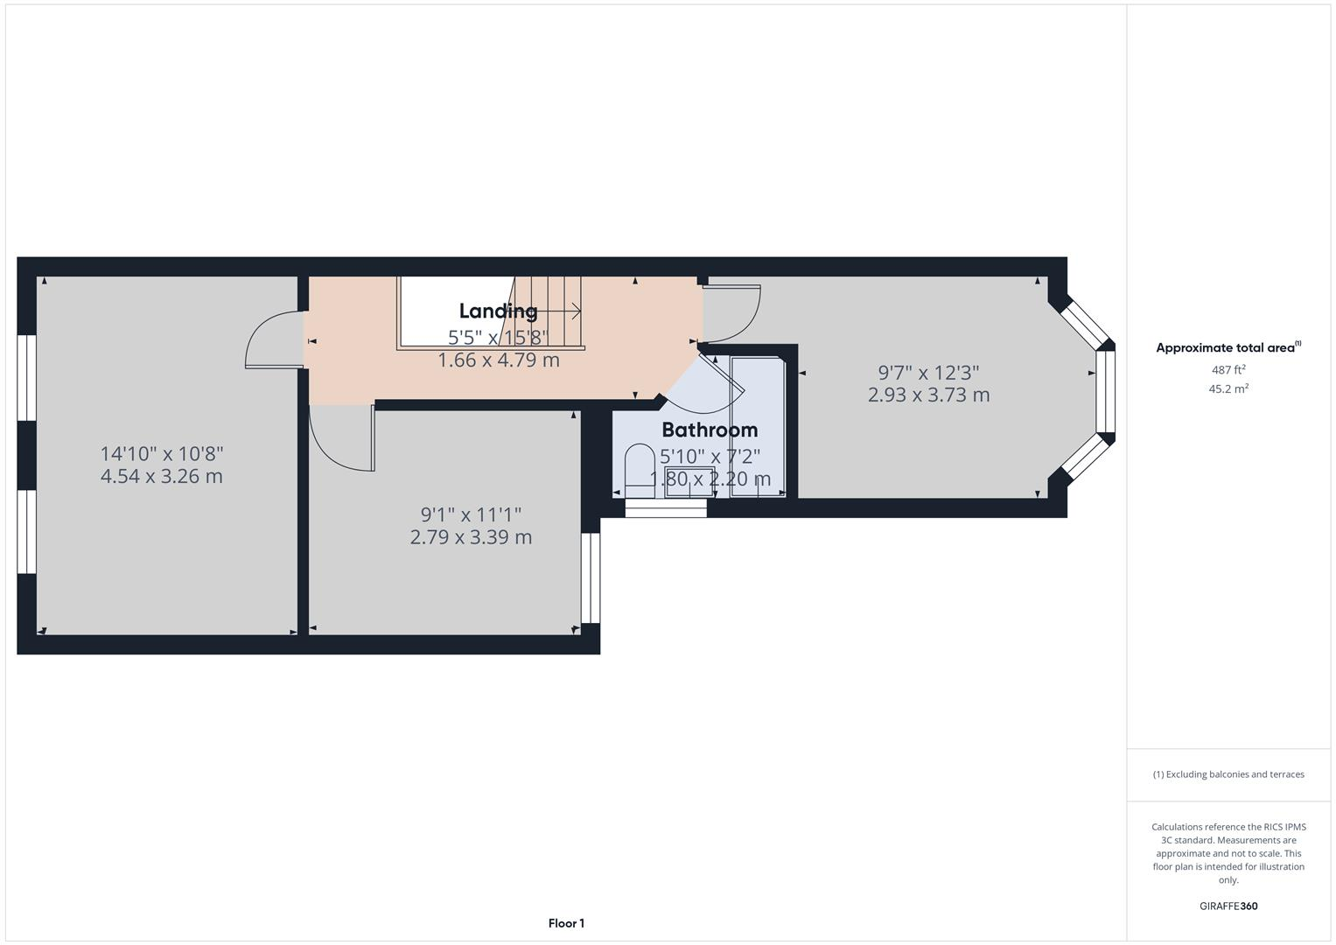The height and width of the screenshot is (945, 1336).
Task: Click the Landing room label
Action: click(498, 311)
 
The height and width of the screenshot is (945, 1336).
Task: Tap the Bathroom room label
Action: click(710, 430)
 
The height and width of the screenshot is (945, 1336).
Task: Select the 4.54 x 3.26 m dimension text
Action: click(161, 477)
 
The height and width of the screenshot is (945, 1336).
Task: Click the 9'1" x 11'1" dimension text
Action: click(471, 514)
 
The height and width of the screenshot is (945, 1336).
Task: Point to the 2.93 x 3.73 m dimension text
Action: click(928, 395)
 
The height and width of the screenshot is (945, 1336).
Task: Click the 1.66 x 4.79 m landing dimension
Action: click(498, 360)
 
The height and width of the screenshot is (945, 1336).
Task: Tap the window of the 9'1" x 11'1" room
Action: click(591, 577)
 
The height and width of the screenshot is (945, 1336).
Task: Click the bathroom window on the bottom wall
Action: click(666, 508)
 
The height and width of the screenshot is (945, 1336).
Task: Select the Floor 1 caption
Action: click(566, 923)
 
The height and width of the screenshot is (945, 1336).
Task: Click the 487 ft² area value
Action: click(1228, 370)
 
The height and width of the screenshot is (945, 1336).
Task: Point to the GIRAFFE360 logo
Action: click(1228, 906)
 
